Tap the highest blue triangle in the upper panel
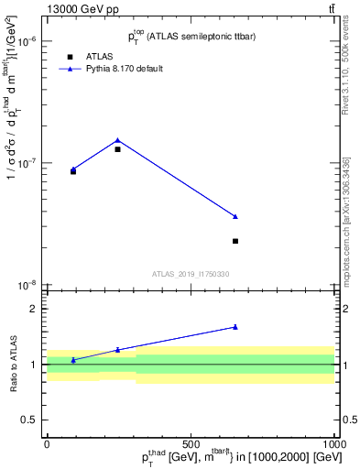117,140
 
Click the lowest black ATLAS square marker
235,241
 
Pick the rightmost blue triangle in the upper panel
235,216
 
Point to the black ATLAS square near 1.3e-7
117,149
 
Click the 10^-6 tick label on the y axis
27,42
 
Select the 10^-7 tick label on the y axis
27,163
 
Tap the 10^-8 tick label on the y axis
27,285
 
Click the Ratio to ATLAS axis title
11,365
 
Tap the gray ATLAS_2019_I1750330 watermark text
191,274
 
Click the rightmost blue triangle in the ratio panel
235,326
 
